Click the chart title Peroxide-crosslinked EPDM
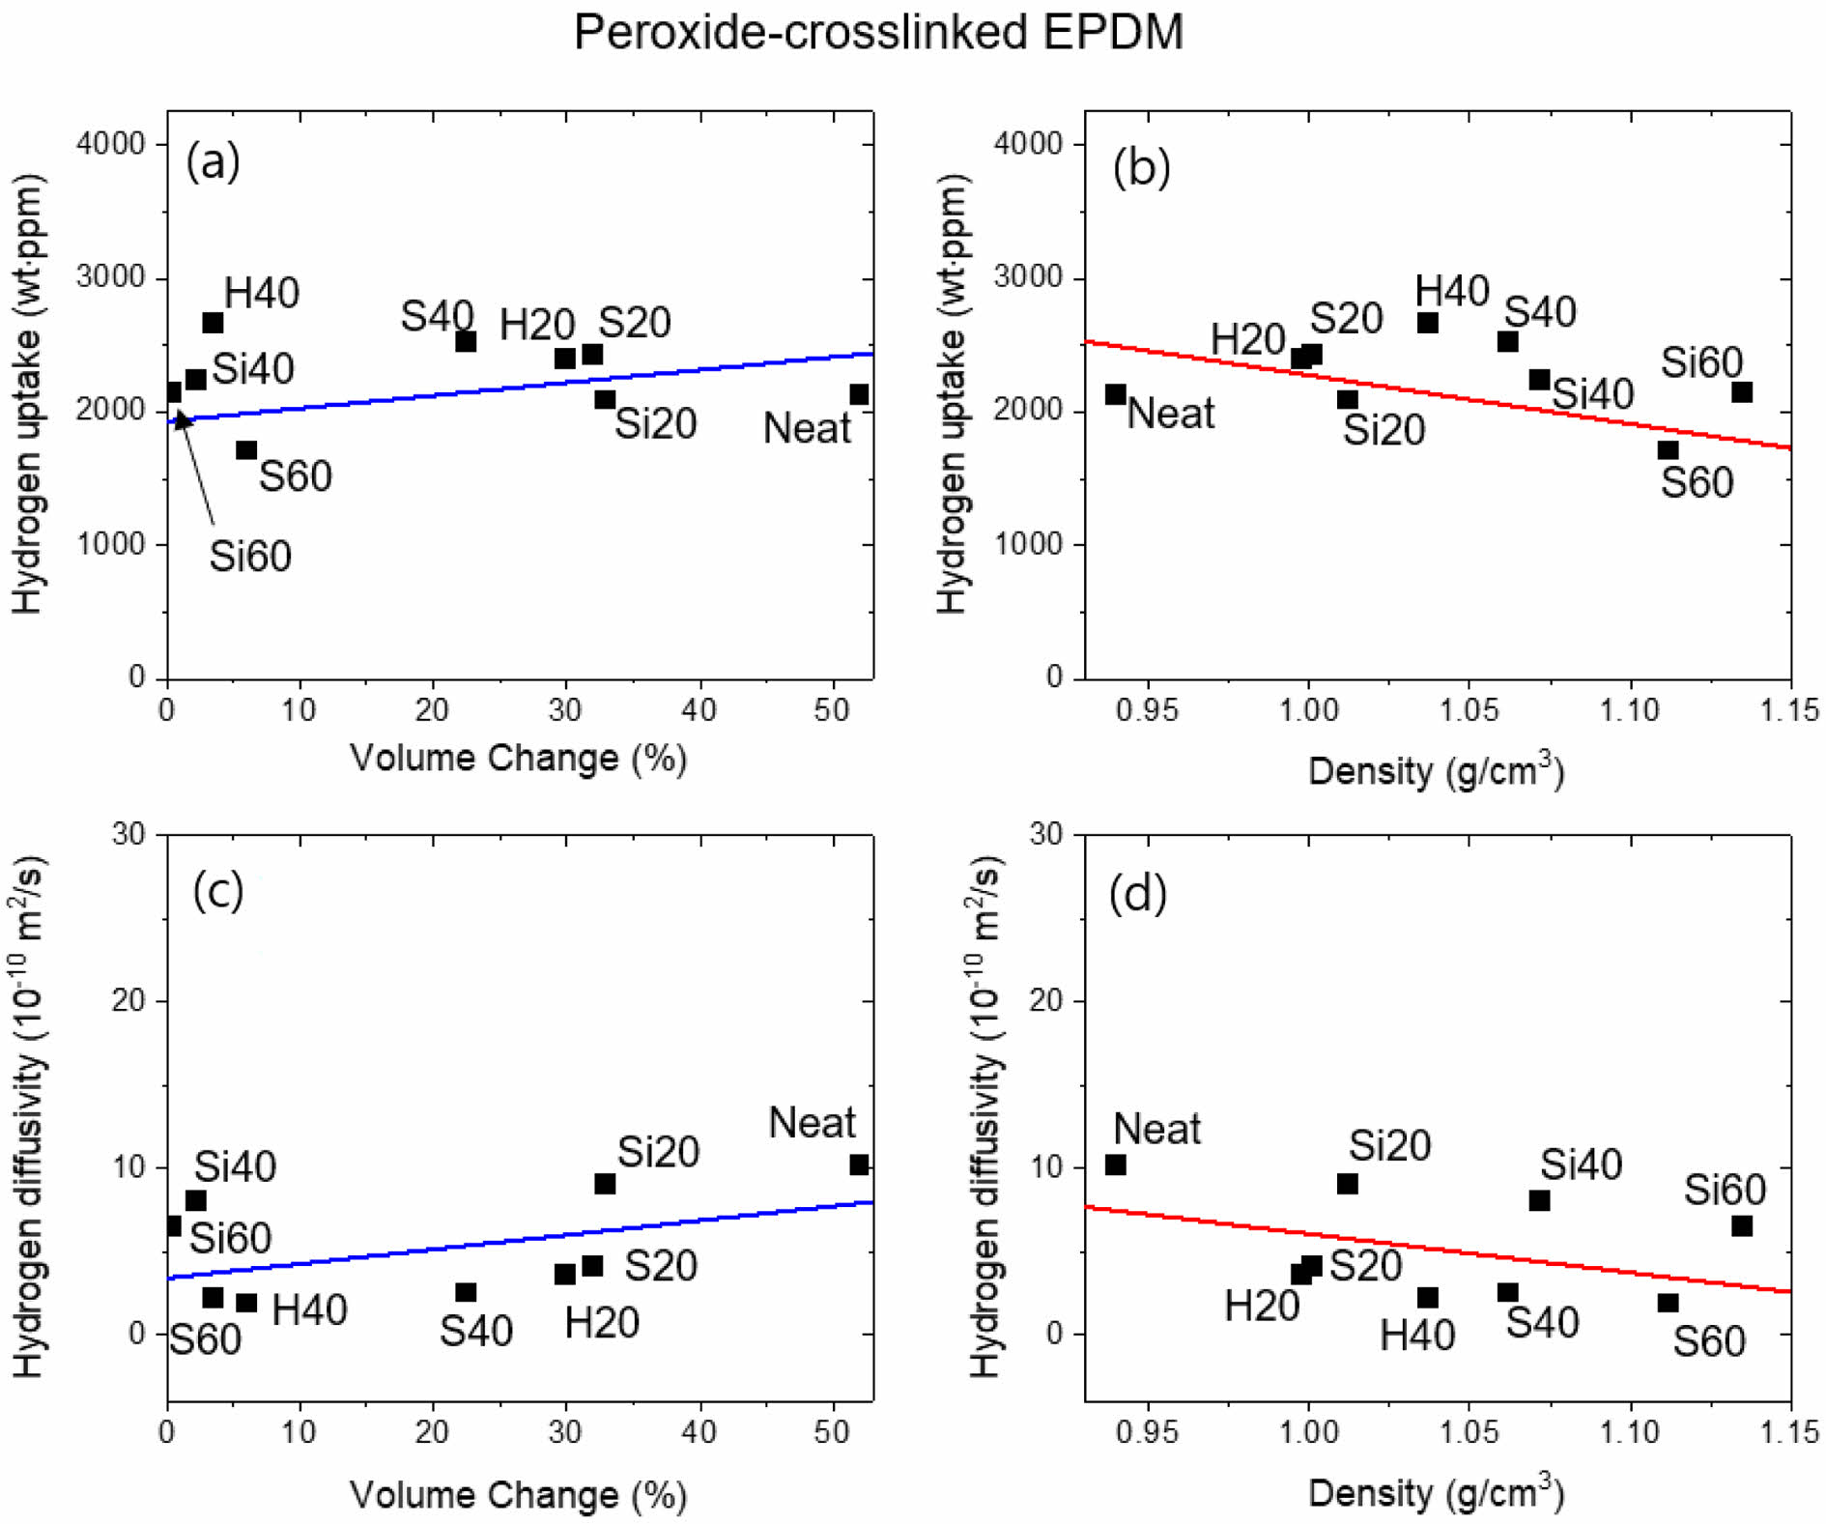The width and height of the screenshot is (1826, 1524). pyautogui.click(x=877, y=33)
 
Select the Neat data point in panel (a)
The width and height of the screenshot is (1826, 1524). pyautogui.click(x=859, y=394)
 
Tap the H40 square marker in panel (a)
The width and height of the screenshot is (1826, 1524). pyautogui.click(x=213, y=323)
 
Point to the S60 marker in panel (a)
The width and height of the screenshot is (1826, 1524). pyautogui.click(x=246, y=450)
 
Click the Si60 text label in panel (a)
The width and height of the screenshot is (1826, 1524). pyautogui.click(x=250, y=557)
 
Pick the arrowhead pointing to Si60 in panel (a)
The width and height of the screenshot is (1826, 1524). pyautogui.click(x=181, y=419)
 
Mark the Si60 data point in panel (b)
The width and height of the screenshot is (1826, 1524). pyautogui.click(x=1742, y=392)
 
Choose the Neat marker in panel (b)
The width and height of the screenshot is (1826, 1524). pyautogui.click(x=1115, y=394)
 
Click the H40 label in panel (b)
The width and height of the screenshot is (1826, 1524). pyautogui.click(x=1451, y=291)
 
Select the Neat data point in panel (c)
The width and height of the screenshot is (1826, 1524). pyautogui.click(x=859, y=1165)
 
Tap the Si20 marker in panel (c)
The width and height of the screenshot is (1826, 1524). pyautogui.click(x=605, y=1184)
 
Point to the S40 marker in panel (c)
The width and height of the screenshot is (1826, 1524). pyautogui.click(x=466, y=1293)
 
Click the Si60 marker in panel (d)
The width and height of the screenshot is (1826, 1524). pyautogui.click(x=1742, y=1226)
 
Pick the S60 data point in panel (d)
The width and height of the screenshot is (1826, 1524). pyautogui.click(x=1668, y=1303)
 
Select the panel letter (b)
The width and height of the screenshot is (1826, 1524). pyautogui.click(x=1141, y=167)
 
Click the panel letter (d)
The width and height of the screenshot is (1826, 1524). pyautogui.click(x=1138, y=893)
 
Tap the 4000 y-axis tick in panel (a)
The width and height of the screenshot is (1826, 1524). pyautogui.click(x=110, y=144)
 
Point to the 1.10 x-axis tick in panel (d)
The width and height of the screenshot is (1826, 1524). pyautogui.click(x=1630, y=1431)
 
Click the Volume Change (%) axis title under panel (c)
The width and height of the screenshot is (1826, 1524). pyautogui.click(x=518, y=1495)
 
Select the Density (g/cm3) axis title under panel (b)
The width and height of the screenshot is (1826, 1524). pyautogui.click(x=1436, y=770)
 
